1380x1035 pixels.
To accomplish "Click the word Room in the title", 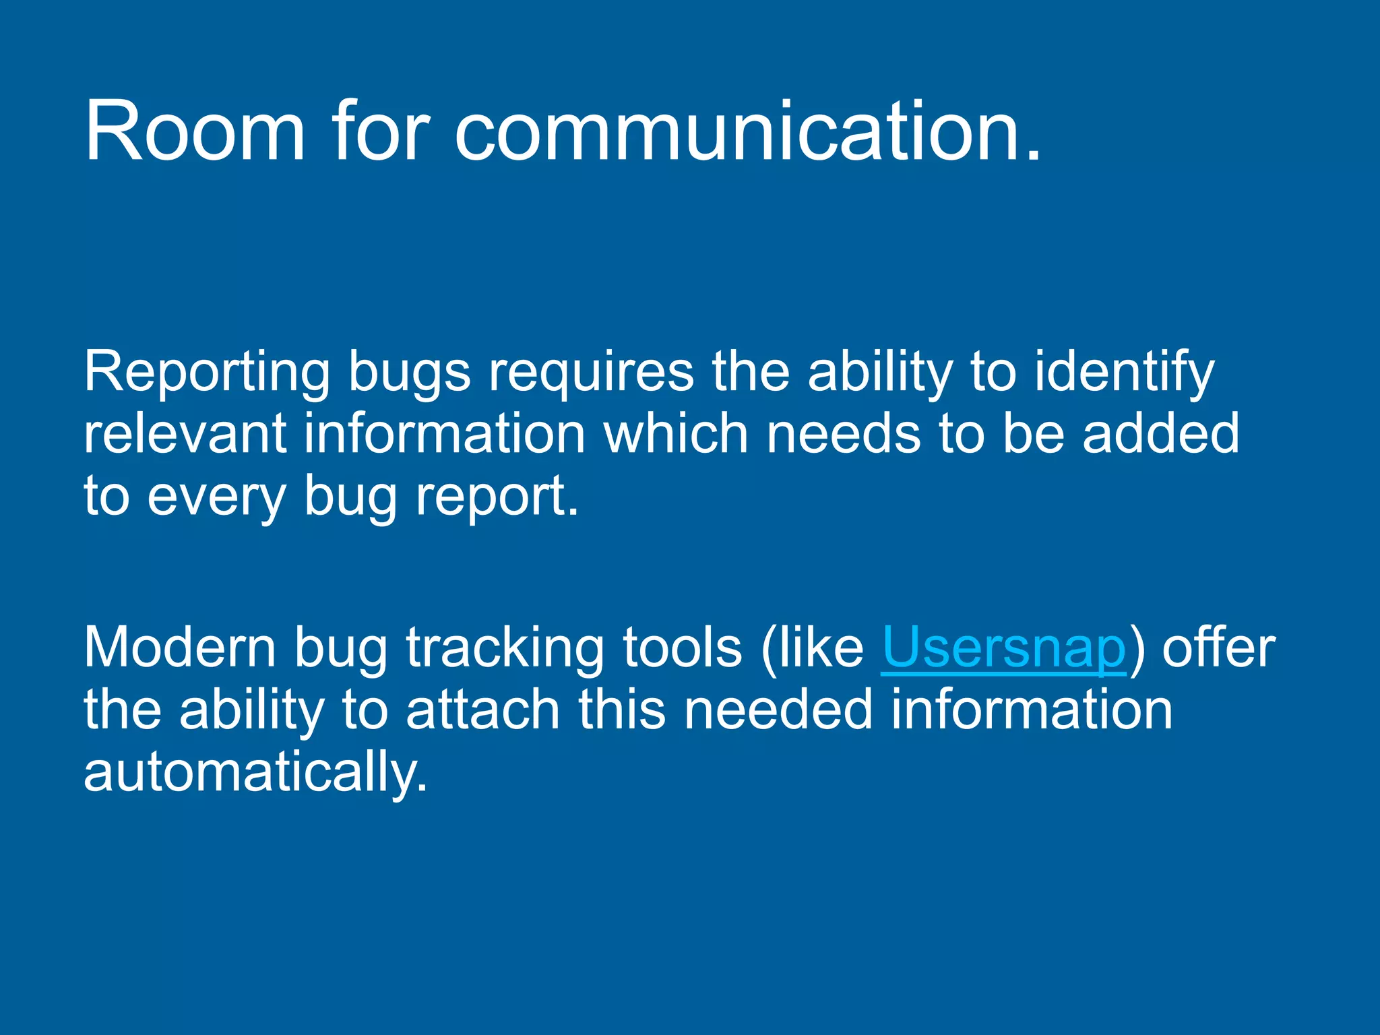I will tap(194, 131).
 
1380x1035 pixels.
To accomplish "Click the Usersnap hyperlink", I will tap(1003, 648).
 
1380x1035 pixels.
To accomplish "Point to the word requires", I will tap(591, 373).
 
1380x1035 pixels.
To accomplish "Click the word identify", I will tap(1124, 373).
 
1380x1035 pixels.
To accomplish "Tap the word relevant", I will tap(185, 434).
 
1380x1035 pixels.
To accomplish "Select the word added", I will tap(1160, 434).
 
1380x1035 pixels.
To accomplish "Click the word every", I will tap(217, 497).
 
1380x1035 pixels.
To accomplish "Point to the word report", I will tap(496, 497).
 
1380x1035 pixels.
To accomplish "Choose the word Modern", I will tap(180, 648).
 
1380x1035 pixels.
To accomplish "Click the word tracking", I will tap(505, 648).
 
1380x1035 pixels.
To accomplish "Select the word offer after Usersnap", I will tap(1218, 648).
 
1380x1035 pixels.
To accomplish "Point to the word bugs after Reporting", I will tap(409, 373).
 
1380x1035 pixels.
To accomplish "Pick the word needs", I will tap(843, 434).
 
